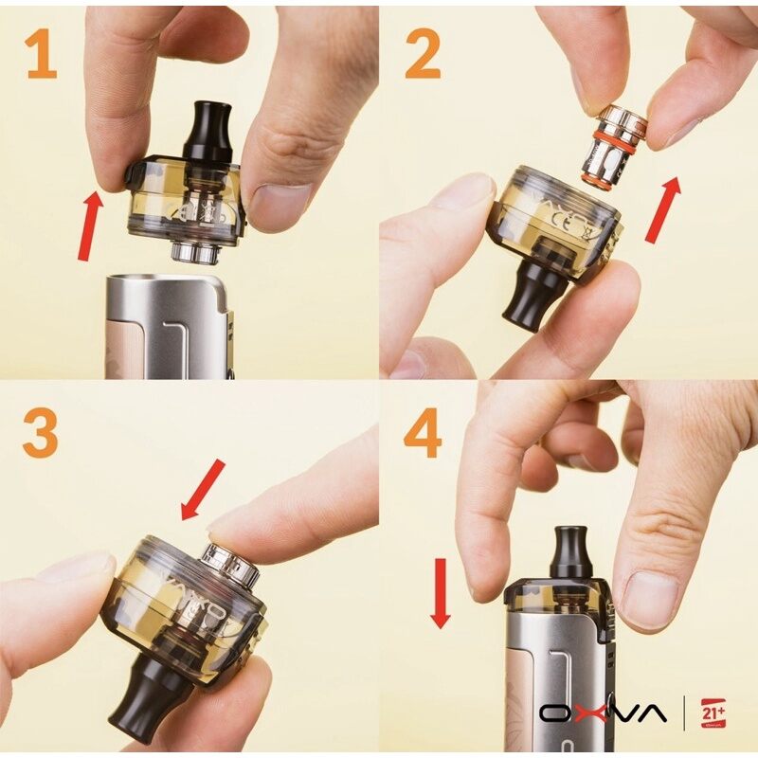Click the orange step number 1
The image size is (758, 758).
(40, 55)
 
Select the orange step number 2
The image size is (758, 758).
(422, 55)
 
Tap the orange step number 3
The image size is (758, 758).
(40, 435)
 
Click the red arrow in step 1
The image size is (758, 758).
(90, 225)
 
